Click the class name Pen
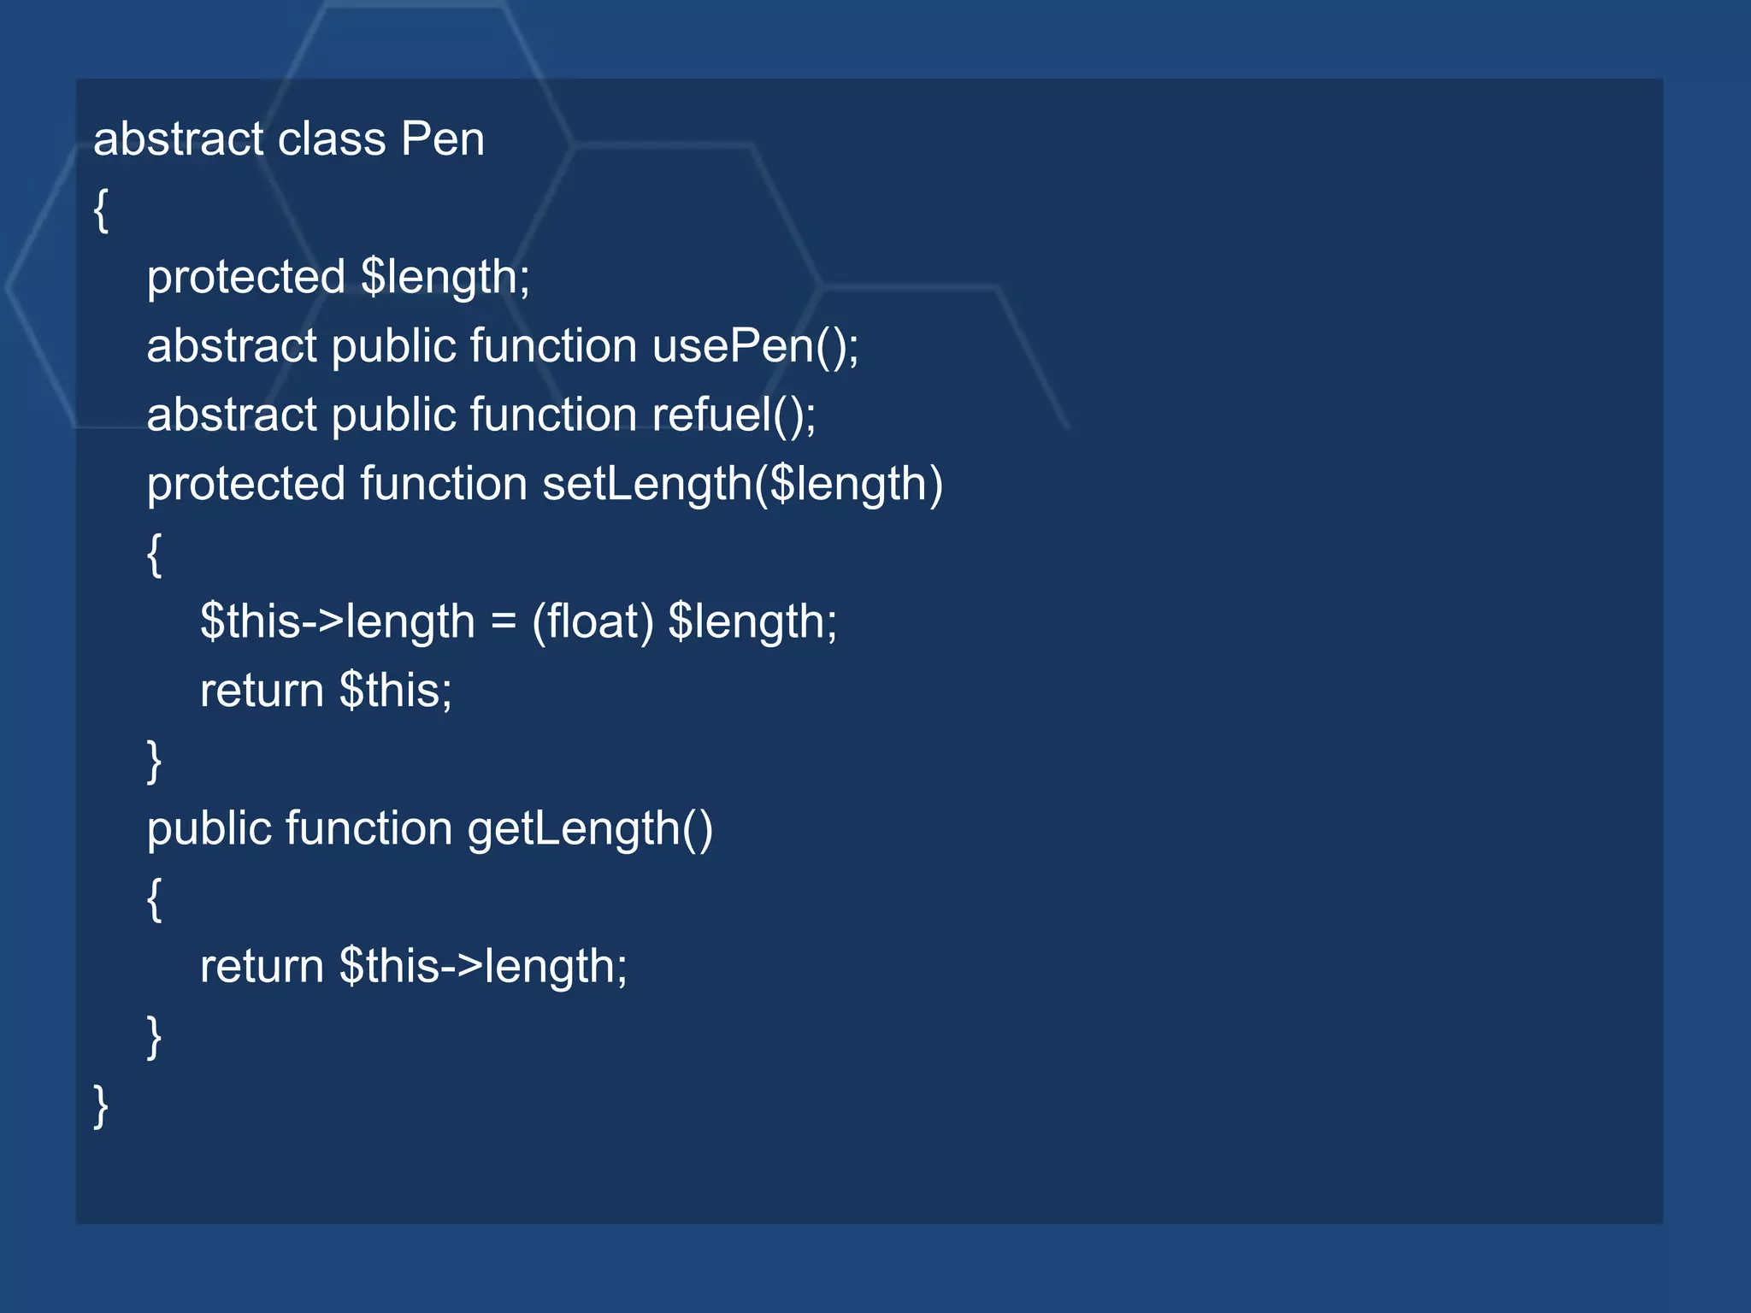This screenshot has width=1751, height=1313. [442, 139]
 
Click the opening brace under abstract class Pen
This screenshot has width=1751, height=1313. [101, 210]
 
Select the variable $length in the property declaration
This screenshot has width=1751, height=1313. [445, 278]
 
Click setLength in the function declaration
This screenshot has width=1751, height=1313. [647, 485]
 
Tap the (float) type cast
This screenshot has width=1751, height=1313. [593, 621]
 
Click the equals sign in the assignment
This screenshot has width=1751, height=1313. [504, 621]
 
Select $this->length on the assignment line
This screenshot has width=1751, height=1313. [337, 621]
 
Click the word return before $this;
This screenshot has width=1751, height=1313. [262, 691]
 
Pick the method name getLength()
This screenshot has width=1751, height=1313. [589, 829]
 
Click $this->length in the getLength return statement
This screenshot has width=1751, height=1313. [483, 967]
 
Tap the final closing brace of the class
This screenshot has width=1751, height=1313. [101, 1106]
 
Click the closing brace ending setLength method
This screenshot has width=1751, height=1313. [154, 761]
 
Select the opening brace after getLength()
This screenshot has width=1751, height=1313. [154, 899]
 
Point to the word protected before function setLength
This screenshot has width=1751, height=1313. [245, 485]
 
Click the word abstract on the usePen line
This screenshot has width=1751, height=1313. [231, 346]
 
